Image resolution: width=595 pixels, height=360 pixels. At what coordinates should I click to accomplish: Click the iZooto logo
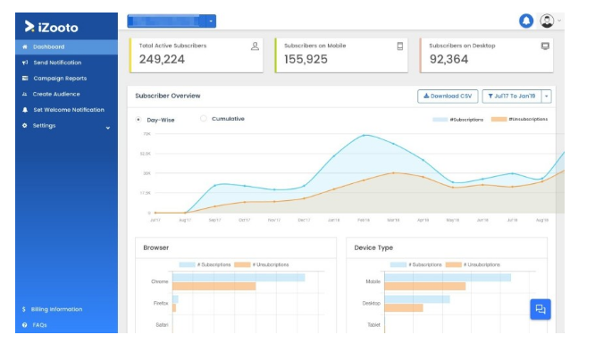click(x=51, y=27)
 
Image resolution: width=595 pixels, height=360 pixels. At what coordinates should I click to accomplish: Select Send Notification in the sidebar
click(x=57, y=63)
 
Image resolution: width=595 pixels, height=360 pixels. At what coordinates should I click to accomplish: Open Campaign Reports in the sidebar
click(x=60, y=79)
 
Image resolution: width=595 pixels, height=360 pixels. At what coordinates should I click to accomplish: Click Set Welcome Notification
click(x=69, y=110)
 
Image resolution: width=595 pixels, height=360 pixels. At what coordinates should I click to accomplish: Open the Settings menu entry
click(x=45, y=126)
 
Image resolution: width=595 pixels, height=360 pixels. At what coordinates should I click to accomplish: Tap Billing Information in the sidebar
click(x=57, y=309)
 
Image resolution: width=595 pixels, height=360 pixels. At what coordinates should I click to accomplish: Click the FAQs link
click(x=39, y=325)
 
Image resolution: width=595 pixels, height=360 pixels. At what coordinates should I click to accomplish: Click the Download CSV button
click(x=448, y=96)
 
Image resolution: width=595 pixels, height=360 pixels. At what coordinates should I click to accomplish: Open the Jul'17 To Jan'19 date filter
click(x=512, y=96)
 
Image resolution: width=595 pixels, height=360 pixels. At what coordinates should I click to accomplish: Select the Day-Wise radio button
click(x=138, y=120)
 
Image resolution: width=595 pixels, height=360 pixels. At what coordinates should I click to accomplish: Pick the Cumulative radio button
click(x=204, y=119)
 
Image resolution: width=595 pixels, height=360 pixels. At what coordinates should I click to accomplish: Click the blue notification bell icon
click(x=526, y=21)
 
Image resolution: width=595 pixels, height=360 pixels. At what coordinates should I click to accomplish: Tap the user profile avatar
click(x=547, y=21)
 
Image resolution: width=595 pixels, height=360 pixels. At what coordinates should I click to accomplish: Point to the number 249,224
click(x=162, y=59)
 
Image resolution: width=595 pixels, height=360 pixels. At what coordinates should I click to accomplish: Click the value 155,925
click(x=306, y=59)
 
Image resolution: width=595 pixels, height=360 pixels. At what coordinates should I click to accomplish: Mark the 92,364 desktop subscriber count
click(x=449, y=59)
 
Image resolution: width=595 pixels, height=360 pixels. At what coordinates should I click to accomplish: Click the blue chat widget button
click(x=540, y=309)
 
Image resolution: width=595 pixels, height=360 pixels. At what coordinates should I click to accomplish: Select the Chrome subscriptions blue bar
click(x=239, y=278)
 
